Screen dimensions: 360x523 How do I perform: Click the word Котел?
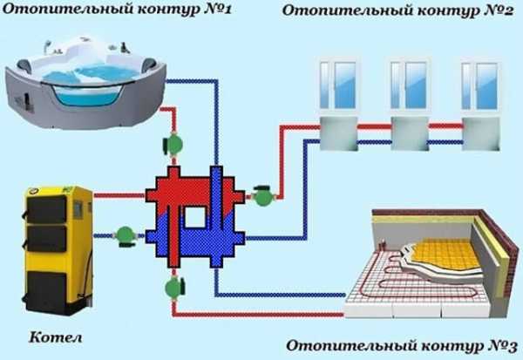[x=54, y=336]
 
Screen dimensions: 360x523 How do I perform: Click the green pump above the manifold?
[x=175, y=144]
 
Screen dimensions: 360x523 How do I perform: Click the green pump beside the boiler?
[x=126, y=234]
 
